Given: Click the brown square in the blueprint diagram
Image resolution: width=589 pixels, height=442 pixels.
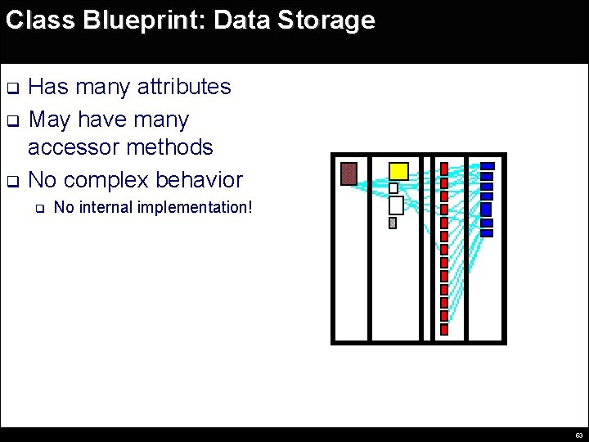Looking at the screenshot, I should click(x=348, y=174).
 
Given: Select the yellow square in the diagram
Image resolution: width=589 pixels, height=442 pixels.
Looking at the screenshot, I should click(x=398, y=171).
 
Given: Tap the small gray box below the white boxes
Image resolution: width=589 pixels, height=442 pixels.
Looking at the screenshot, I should click(x=393, y=223).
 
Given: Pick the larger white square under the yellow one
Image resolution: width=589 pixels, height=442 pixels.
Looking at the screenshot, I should click(x=396, y=205).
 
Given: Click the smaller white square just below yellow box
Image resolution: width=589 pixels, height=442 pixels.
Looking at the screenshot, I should click(x=393, y=188).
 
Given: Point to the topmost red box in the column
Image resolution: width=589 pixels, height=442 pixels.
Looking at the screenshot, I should click(x=444, y=169).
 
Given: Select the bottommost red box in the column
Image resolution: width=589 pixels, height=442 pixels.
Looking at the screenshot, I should click(x=444, y=329).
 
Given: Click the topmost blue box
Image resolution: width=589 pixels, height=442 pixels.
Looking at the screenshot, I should click(x=487, y=166).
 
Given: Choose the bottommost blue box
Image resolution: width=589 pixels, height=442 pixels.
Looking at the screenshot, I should click(x=487, y=233).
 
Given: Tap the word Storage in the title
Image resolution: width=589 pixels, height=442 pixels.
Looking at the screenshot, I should click(x=326, y=20).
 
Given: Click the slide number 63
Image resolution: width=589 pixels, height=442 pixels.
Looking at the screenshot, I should click(x=578, y=435).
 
